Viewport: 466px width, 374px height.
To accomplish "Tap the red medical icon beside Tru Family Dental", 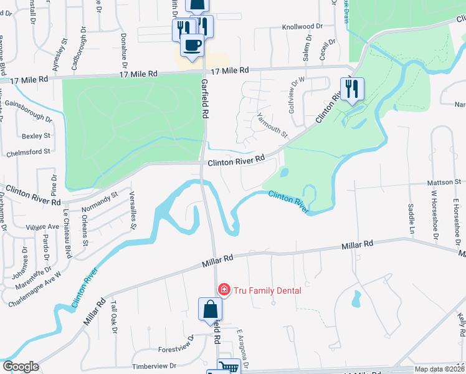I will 222,290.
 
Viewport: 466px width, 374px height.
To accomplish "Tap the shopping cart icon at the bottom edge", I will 229,368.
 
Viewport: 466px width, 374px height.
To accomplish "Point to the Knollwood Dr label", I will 302,27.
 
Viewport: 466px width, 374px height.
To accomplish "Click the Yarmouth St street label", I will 272,124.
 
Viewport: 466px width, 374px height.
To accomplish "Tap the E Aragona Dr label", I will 244,347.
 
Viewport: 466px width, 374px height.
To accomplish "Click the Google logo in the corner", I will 21,367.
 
